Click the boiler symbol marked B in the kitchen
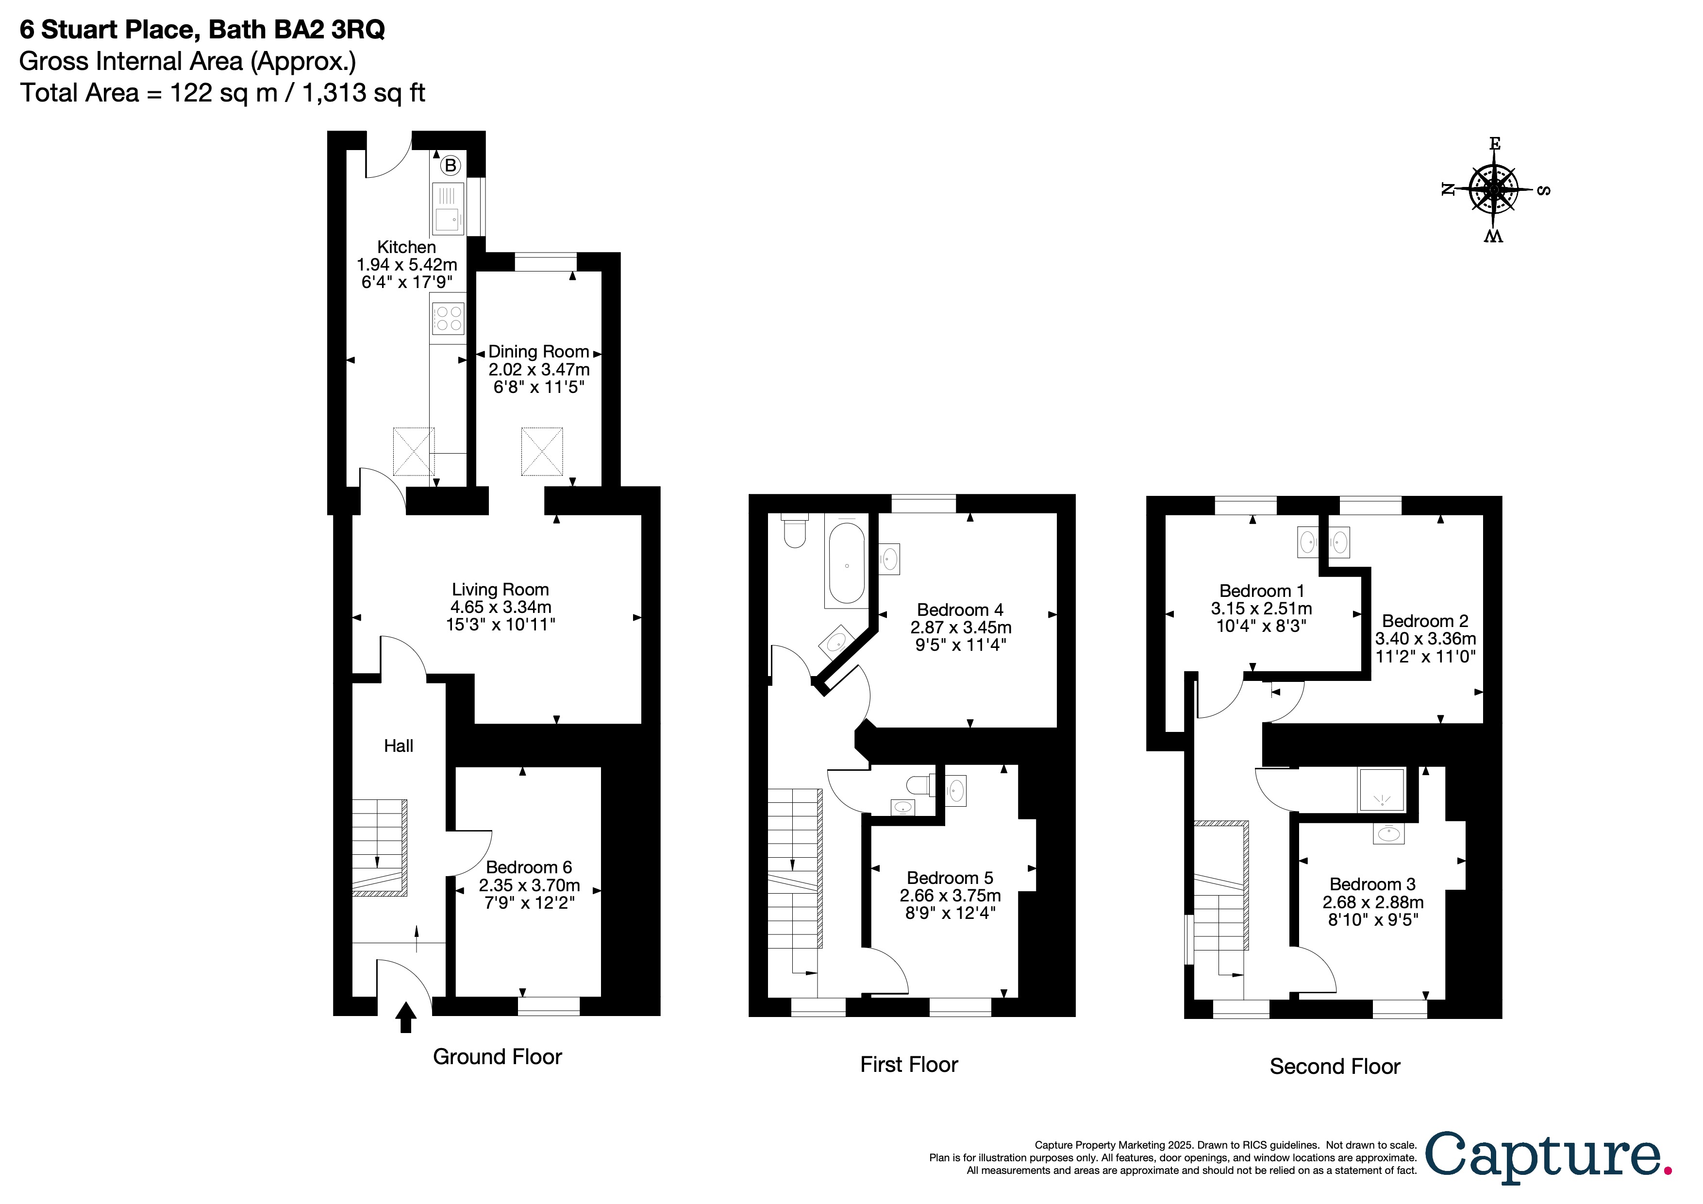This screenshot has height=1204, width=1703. (x=450, y=166)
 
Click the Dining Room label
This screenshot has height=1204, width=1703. (x=538, y=352)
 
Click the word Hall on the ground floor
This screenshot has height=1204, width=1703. (x=398, y=746)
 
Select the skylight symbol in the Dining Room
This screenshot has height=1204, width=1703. (x=542, y=451)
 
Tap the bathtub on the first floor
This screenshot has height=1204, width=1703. (x=846, y=564)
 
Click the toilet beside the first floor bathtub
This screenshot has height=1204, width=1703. (x=794, y=530)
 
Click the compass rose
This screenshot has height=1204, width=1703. (x=1494, y=190)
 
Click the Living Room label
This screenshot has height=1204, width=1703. (x=501, y=590)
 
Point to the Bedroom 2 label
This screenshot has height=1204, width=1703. (x=1425, y=621)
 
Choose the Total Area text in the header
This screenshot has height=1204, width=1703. (x=222, y=93)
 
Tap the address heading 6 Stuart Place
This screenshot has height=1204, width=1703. (x=202, y=30)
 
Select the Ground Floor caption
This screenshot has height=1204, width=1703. (x=497, y=1057)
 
